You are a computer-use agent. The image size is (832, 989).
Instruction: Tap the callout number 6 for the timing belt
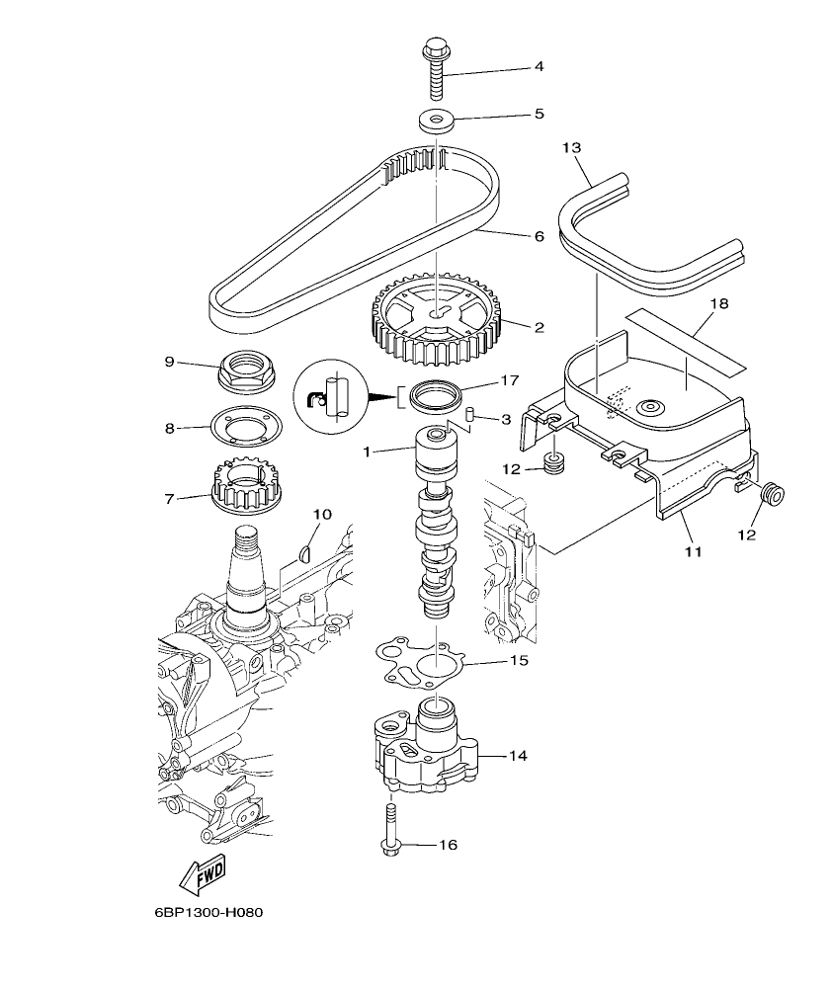539,237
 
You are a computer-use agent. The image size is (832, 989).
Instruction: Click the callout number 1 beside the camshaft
366,452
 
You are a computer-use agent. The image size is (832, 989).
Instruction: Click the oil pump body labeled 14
426,752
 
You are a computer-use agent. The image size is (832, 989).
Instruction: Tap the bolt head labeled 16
388,846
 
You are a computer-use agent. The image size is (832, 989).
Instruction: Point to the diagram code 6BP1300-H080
209,912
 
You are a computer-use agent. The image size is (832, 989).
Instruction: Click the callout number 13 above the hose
572,147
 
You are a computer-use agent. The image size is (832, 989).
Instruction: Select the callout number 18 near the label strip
718,303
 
